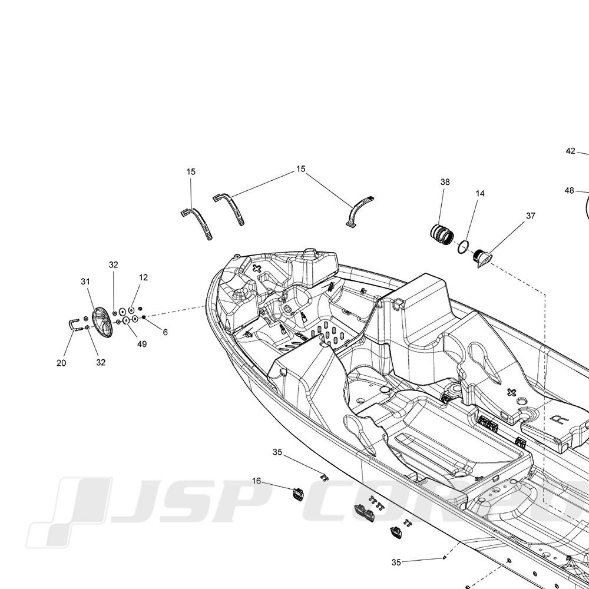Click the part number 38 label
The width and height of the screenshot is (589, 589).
click(x=445, y=182)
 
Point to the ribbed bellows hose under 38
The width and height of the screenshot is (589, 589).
click(x=442, y=235)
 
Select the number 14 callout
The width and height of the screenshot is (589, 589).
click(x=479, y=193)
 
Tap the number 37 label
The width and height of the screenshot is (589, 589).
click(x=531, y=216)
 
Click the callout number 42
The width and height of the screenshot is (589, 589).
click(x=570, y=151)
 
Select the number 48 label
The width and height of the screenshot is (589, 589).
click(x=569, y=191)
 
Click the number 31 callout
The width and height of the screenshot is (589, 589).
click(x=85, y=282)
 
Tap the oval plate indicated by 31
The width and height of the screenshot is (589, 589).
click(x=102, y=322)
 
